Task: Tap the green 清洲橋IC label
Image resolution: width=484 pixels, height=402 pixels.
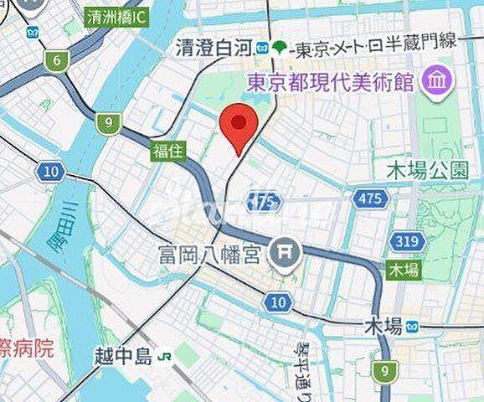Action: coord(117,16)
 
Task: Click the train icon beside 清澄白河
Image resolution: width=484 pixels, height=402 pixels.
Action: coord(263,48)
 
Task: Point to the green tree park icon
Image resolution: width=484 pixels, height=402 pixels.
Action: coord(278,48)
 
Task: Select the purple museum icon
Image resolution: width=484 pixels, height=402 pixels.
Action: coord(437,81)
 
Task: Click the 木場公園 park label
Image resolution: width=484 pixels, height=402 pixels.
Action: coord(428,171)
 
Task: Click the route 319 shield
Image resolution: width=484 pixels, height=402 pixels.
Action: coord(407,242)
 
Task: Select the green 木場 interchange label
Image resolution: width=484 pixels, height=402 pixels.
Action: coord(403,270)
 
